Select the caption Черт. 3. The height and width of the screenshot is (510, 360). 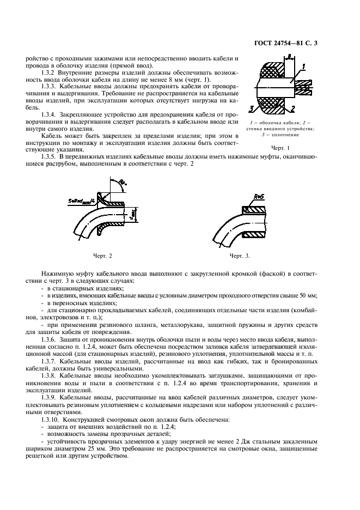click(239, 255)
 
